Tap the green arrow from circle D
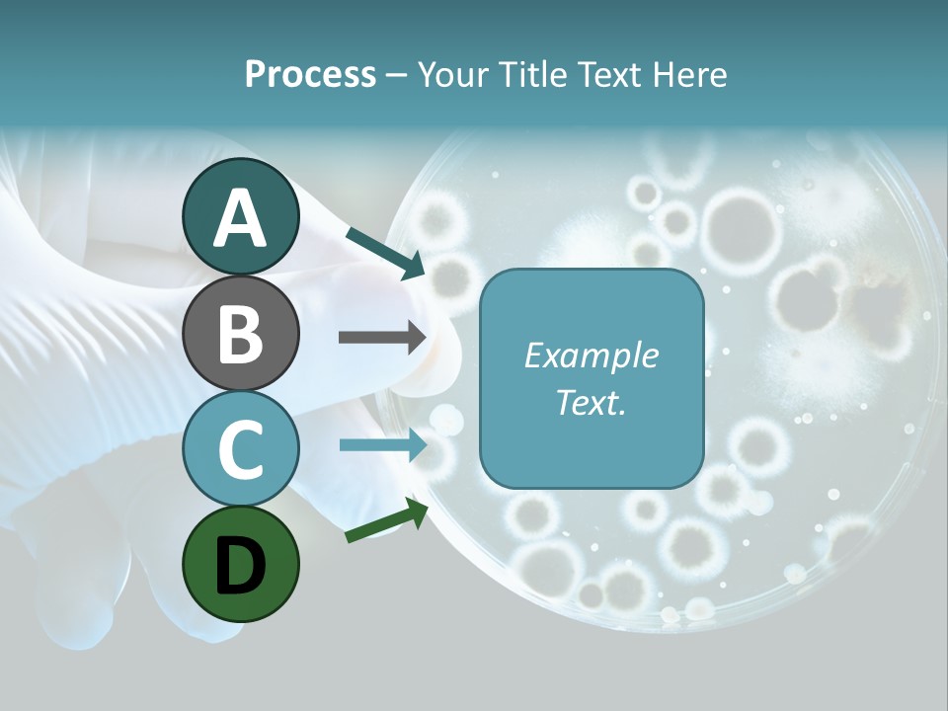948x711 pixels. point(386,520)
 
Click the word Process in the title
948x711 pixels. point(310,75)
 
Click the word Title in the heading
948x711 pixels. point(534,75)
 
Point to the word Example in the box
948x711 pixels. point(591,356)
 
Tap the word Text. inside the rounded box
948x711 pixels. point(591,403)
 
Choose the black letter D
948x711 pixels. point(240,565)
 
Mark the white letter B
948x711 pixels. point(240,334)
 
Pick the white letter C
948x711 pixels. point(240,449)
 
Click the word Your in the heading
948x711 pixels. point(451,75)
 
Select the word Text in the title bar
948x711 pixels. point(610,75)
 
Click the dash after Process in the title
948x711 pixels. point(396,76)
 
